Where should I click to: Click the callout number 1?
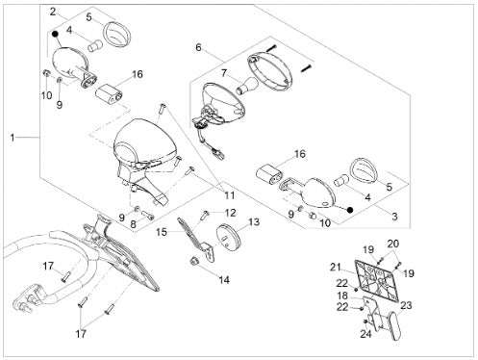point(13,138)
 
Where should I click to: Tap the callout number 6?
point(198,47)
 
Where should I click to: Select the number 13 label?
point(254,222)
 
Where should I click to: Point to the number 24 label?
point(365,334)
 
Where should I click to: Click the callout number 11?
point(230,195)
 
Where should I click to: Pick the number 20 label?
point(393,244)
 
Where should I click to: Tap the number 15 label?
point(162,232)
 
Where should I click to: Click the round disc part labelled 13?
point(229,237)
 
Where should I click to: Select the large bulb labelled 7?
point(247,85)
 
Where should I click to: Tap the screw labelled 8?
point(147,215)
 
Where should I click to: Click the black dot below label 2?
point(55,34)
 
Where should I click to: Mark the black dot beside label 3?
point(350,210)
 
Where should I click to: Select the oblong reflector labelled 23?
point(393,324)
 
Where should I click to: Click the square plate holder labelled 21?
point(376,280)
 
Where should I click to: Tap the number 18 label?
point(342,296)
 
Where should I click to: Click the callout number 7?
point(224,74)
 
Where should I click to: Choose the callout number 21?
point(336,267)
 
